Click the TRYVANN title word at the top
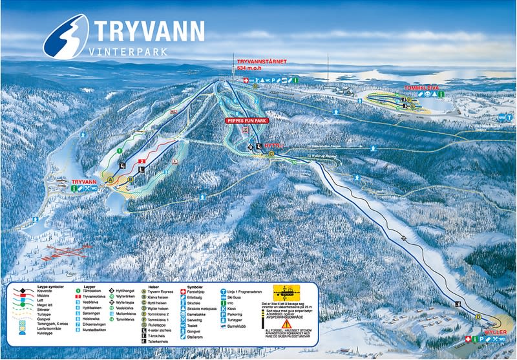pyautogui.click(x=149, y=30)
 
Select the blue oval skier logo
pyautogui.click(x=67, y=36)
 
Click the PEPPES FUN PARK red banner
pyautogui.click(x=246, y=120)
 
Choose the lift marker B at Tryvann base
pyautogui.click(x=131, y=179)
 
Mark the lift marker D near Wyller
pyautogui.click(x=478, y=317)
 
